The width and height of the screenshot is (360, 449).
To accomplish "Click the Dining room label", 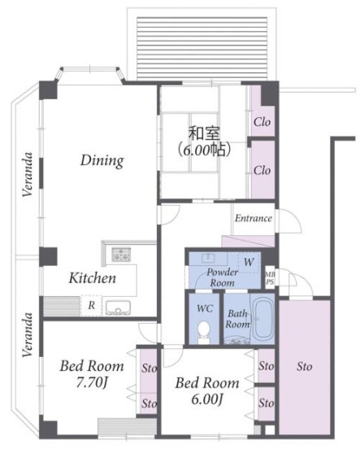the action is click(x=102, y=160).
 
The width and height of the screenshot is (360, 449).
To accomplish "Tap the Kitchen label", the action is click(x=93, y=278).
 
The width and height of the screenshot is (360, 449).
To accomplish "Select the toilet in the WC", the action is click(x=204, y=333).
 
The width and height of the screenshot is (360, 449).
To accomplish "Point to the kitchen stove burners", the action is click(x=121, y=255).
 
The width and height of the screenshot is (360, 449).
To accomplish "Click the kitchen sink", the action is click(x=118, y=307).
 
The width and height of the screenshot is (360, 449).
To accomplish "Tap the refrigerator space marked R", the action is click(x=91, y=306).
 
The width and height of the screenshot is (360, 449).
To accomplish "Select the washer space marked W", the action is click(x=249, y=262).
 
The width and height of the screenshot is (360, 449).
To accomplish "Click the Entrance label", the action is click(x=254, y=218).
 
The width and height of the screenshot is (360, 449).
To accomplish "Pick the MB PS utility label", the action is click(x=270, y=278).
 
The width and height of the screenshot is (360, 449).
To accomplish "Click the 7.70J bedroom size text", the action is click(x=92, y=382).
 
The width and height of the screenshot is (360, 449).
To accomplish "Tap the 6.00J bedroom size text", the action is click(x=206, y=399).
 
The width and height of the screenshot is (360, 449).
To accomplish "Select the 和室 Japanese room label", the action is click(x=204, y=133).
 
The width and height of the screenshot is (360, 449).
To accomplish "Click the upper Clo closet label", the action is click(x=262, y=122).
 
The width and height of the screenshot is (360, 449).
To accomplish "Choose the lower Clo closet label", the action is click(x=262, y=171).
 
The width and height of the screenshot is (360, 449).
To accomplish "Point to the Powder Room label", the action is click(x=223, y=277).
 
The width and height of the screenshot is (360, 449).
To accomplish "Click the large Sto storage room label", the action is click(x=304, y=366).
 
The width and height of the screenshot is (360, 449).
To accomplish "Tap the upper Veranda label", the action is click(x=28, y=174).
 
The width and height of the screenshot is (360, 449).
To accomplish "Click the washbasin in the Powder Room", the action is click(x=208, y=258).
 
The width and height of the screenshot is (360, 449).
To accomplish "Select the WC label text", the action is click(x=205, y=308).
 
